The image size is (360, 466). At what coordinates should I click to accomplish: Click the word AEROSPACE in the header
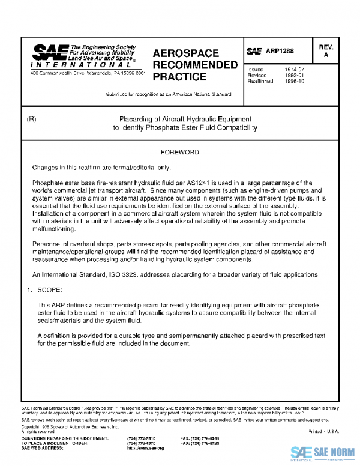point(185,53)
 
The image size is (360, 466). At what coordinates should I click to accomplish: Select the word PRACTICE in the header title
point(179,77)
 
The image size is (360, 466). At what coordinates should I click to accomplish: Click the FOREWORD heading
point(179,153)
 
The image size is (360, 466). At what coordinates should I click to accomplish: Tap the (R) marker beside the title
point(32,119)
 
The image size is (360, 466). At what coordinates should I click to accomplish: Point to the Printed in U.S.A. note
point(324,431)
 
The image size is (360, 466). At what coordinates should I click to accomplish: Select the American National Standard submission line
point(168,95)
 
